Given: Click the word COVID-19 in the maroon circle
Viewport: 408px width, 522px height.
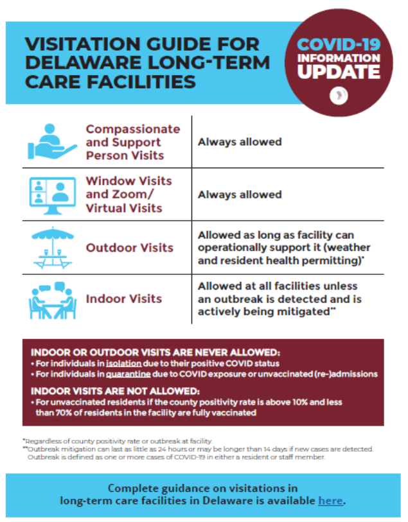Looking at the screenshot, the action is (339, 44).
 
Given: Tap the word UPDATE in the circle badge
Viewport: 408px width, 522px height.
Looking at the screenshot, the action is (339, 71).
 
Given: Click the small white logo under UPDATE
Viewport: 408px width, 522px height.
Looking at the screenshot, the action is (339, 96).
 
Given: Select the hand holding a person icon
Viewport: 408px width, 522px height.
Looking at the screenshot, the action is (52, 141).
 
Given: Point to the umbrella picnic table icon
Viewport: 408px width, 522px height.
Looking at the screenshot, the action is (53, 248).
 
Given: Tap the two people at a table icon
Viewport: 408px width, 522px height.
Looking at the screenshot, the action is (53, 300).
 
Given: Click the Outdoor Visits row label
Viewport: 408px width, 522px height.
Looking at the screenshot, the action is (130, 248).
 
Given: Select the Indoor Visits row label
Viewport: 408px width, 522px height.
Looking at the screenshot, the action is (124, 299).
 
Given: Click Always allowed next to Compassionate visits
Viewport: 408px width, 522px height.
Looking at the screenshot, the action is (240, 142).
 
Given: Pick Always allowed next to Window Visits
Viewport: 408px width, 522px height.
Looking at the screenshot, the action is (240, 195).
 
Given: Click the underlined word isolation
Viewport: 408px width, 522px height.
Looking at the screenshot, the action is (124, 363).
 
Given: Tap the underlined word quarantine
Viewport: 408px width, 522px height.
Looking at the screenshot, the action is (129, 374).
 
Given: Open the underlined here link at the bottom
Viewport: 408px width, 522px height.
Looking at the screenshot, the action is (330, 500).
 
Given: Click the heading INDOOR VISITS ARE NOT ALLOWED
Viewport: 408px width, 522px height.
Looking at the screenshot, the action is (115, 391).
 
